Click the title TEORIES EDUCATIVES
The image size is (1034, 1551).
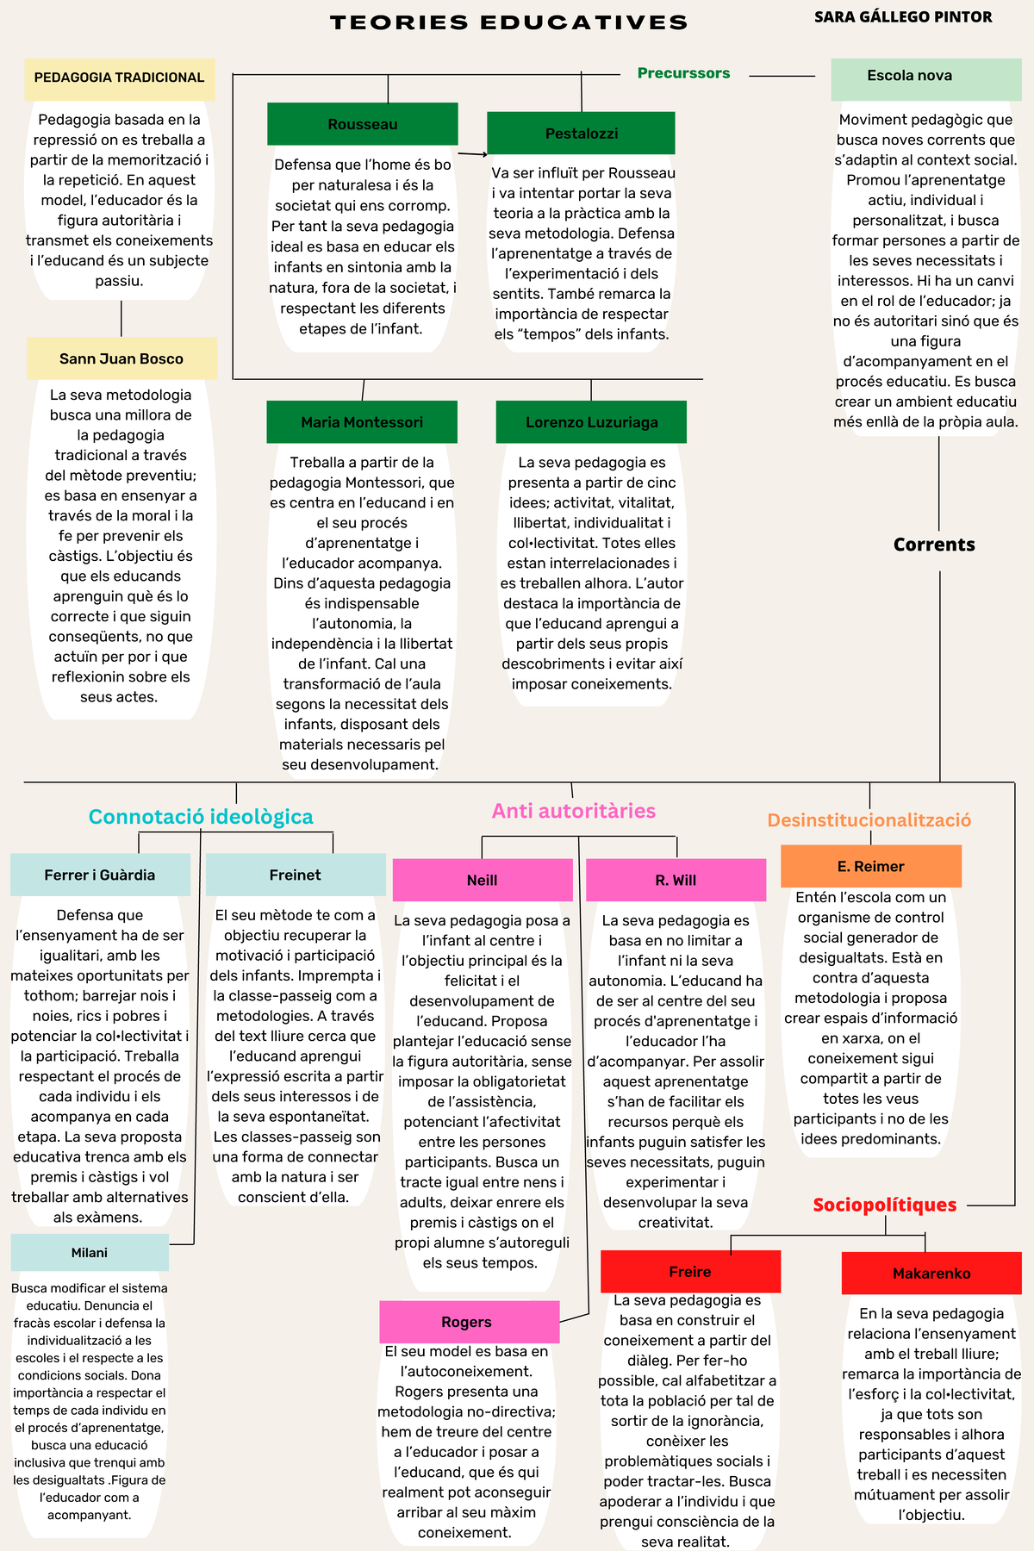508,22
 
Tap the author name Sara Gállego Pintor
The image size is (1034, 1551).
903,17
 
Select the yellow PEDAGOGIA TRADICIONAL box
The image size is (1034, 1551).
119,78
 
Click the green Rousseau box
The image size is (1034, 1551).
362,124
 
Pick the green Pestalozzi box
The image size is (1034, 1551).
581,134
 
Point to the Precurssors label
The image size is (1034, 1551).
683,73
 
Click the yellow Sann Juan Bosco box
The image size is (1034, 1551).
121,358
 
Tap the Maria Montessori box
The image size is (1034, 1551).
362,422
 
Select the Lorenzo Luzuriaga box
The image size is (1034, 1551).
591,422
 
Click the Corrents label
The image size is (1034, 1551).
934,545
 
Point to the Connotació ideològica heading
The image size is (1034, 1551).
201,817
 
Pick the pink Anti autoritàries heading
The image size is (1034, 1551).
574,811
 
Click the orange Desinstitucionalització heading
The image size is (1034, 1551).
869,820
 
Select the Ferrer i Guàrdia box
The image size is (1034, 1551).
100,875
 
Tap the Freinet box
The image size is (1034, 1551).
296,875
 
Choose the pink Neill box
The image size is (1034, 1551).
483,880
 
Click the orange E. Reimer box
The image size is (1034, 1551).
870,866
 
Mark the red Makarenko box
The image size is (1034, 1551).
931,1274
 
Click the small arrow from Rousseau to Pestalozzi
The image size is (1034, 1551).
472,154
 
